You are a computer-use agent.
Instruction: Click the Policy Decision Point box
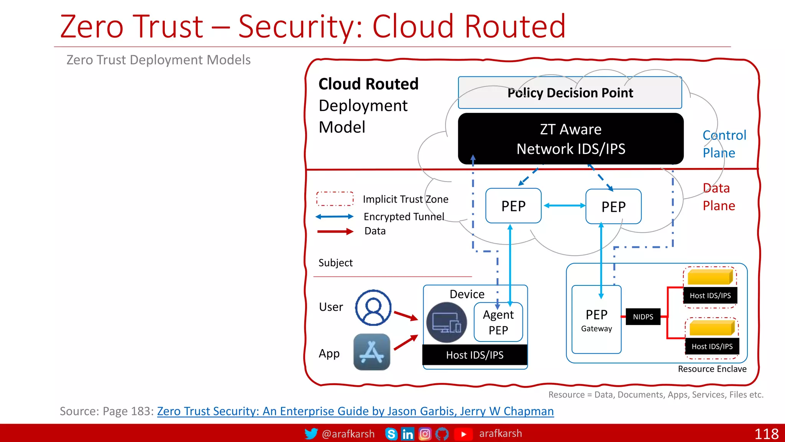[x=570, y=93]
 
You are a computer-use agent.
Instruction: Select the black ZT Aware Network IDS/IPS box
[x=571, y=139]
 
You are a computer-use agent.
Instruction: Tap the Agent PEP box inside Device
[x=498, y=322]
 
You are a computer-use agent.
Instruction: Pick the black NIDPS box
[x=643, y=317]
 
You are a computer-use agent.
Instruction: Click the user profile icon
[x=373, y=308]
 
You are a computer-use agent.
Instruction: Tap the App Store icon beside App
[x=372, y=352]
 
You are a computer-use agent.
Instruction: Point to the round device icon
[x=447, y=322]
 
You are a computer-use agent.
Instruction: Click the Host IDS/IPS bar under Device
[x=475, y=355]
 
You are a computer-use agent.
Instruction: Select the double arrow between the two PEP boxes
[x=564, y=206]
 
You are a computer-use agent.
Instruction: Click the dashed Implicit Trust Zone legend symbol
[x=335, y=199]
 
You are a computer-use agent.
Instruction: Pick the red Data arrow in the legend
[x=335, y=231]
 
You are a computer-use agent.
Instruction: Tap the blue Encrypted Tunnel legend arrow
[x=335, y=217]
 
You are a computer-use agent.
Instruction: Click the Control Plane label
[x=724, y=144]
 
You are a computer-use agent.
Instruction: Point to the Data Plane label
[x=719, y=197]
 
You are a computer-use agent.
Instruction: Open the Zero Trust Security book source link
[x=355, y=411]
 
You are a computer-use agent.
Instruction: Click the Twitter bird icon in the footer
[x=311, y=434]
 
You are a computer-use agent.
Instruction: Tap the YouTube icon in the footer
[x=463, y=434]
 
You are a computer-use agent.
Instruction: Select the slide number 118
[x=766, y=434]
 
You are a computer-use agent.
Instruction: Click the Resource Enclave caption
[x=712, y=369]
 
